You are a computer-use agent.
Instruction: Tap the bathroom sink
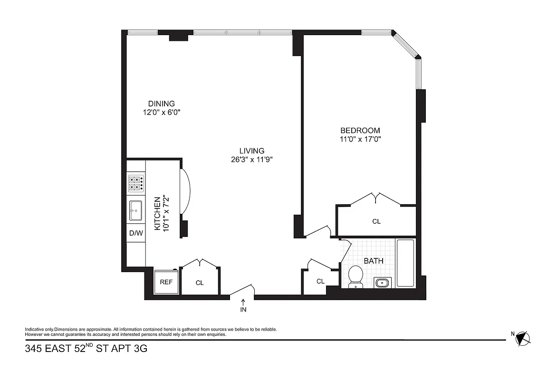pos(382,283)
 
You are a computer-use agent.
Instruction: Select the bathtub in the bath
pos(405,263)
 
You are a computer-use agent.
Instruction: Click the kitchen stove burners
pos(136,183)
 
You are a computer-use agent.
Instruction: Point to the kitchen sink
pos(136,210)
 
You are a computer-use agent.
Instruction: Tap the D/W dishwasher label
pos(136,233)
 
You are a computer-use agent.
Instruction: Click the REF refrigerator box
pos(166,282)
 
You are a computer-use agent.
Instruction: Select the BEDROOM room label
pos(360,131)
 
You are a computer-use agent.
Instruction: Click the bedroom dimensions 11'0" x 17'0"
pos(360,140)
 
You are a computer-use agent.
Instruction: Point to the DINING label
pos(161,104)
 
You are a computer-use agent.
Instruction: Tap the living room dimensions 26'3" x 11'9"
pos(251,160)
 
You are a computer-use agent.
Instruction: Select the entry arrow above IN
pos(243,302)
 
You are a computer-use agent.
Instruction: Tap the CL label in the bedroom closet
pos(376,221)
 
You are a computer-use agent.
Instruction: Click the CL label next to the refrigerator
pos(200,283)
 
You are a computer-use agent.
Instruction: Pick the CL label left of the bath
pos(320,281)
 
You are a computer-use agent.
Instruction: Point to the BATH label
pos(374,261)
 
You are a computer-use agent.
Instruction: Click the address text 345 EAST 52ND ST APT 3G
pos(86,349)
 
